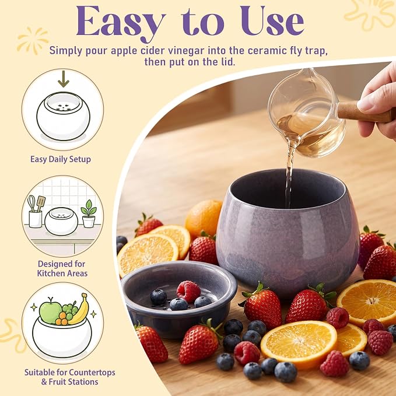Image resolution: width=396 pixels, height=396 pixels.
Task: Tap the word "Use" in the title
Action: (272, 21)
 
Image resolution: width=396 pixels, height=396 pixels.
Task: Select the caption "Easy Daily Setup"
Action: (61, 160)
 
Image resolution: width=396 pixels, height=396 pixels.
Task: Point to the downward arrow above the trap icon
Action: (64, 79)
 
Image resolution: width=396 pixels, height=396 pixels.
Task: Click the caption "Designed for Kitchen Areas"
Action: (62, 268)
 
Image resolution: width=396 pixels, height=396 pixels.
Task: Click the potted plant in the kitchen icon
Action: (89, 213)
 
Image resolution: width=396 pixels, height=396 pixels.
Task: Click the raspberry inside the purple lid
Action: (188, 292)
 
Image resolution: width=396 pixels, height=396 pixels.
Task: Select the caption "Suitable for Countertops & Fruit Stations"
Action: (70, 377)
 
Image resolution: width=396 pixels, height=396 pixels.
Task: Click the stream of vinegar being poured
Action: (289, 177)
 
